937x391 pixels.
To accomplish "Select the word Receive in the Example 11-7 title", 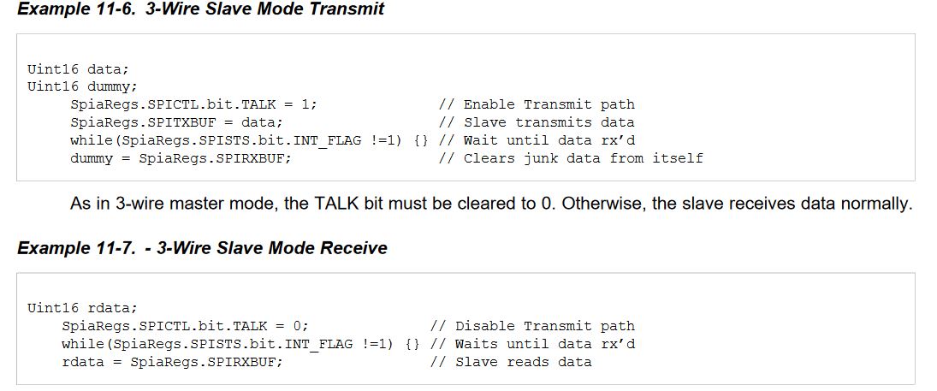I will [x=353, y=248].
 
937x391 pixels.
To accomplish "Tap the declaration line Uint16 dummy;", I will [x=82, y=86].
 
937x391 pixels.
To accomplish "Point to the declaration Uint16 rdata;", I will [x=82, y=308].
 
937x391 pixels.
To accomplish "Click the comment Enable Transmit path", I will [x=549, y=104].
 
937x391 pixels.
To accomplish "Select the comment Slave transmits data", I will [x=549, y=122].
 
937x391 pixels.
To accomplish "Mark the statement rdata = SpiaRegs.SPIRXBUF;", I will [x=172, y=362].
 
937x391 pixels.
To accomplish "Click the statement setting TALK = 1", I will [x=193, y=104].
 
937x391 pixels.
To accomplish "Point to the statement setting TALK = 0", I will [x=185, y=326].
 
